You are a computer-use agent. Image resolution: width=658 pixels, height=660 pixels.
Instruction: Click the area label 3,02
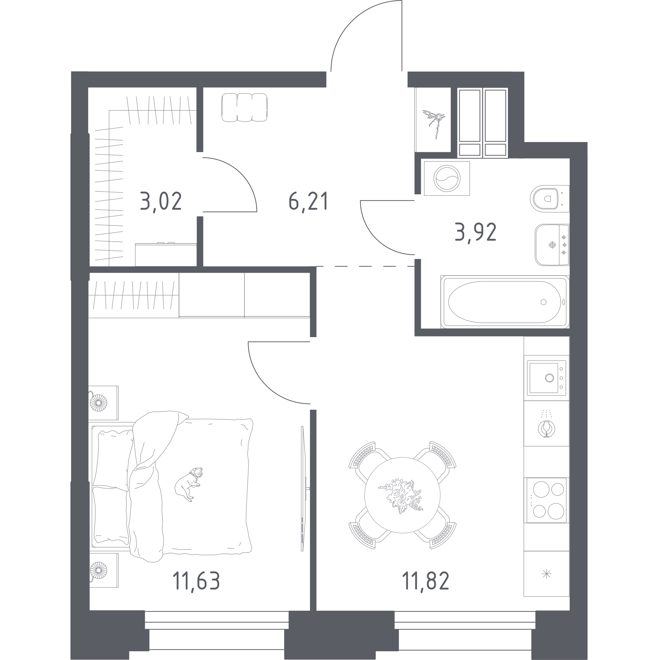(x=160, y=202)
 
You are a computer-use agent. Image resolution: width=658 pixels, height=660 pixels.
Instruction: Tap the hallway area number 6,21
(x=308, y=202)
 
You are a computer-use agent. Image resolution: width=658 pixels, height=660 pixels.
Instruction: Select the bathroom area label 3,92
(x=475, y=233)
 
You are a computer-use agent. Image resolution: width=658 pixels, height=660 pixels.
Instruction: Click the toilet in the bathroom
(x=549, y=199)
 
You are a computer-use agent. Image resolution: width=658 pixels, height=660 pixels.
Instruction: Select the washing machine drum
(x=447, y=178)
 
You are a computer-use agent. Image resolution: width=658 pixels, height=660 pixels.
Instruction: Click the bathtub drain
(x=544, y=302)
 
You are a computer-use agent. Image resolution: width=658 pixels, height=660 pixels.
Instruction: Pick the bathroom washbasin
(x=552, y=245)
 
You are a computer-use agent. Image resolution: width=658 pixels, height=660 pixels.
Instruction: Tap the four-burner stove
(x=546, y=500)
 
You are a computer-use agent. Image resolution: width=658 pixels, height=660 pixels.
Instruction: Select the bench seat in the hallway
(x=244, y=107)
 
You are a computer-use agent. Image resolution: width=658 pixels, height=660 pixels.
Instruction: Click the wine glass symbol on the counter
(x=546, y=428)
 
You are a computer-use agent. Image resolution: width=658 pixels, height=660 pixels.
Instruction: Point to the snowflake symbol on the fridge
(x=546, y=574)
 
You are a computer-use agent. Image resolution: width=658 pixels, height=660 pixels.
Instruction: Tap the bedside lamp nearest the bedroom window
(x=99, y=570)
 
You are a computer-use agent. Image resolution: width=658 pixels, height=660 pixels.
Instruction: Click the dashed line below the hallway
(x=365, y=266)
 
